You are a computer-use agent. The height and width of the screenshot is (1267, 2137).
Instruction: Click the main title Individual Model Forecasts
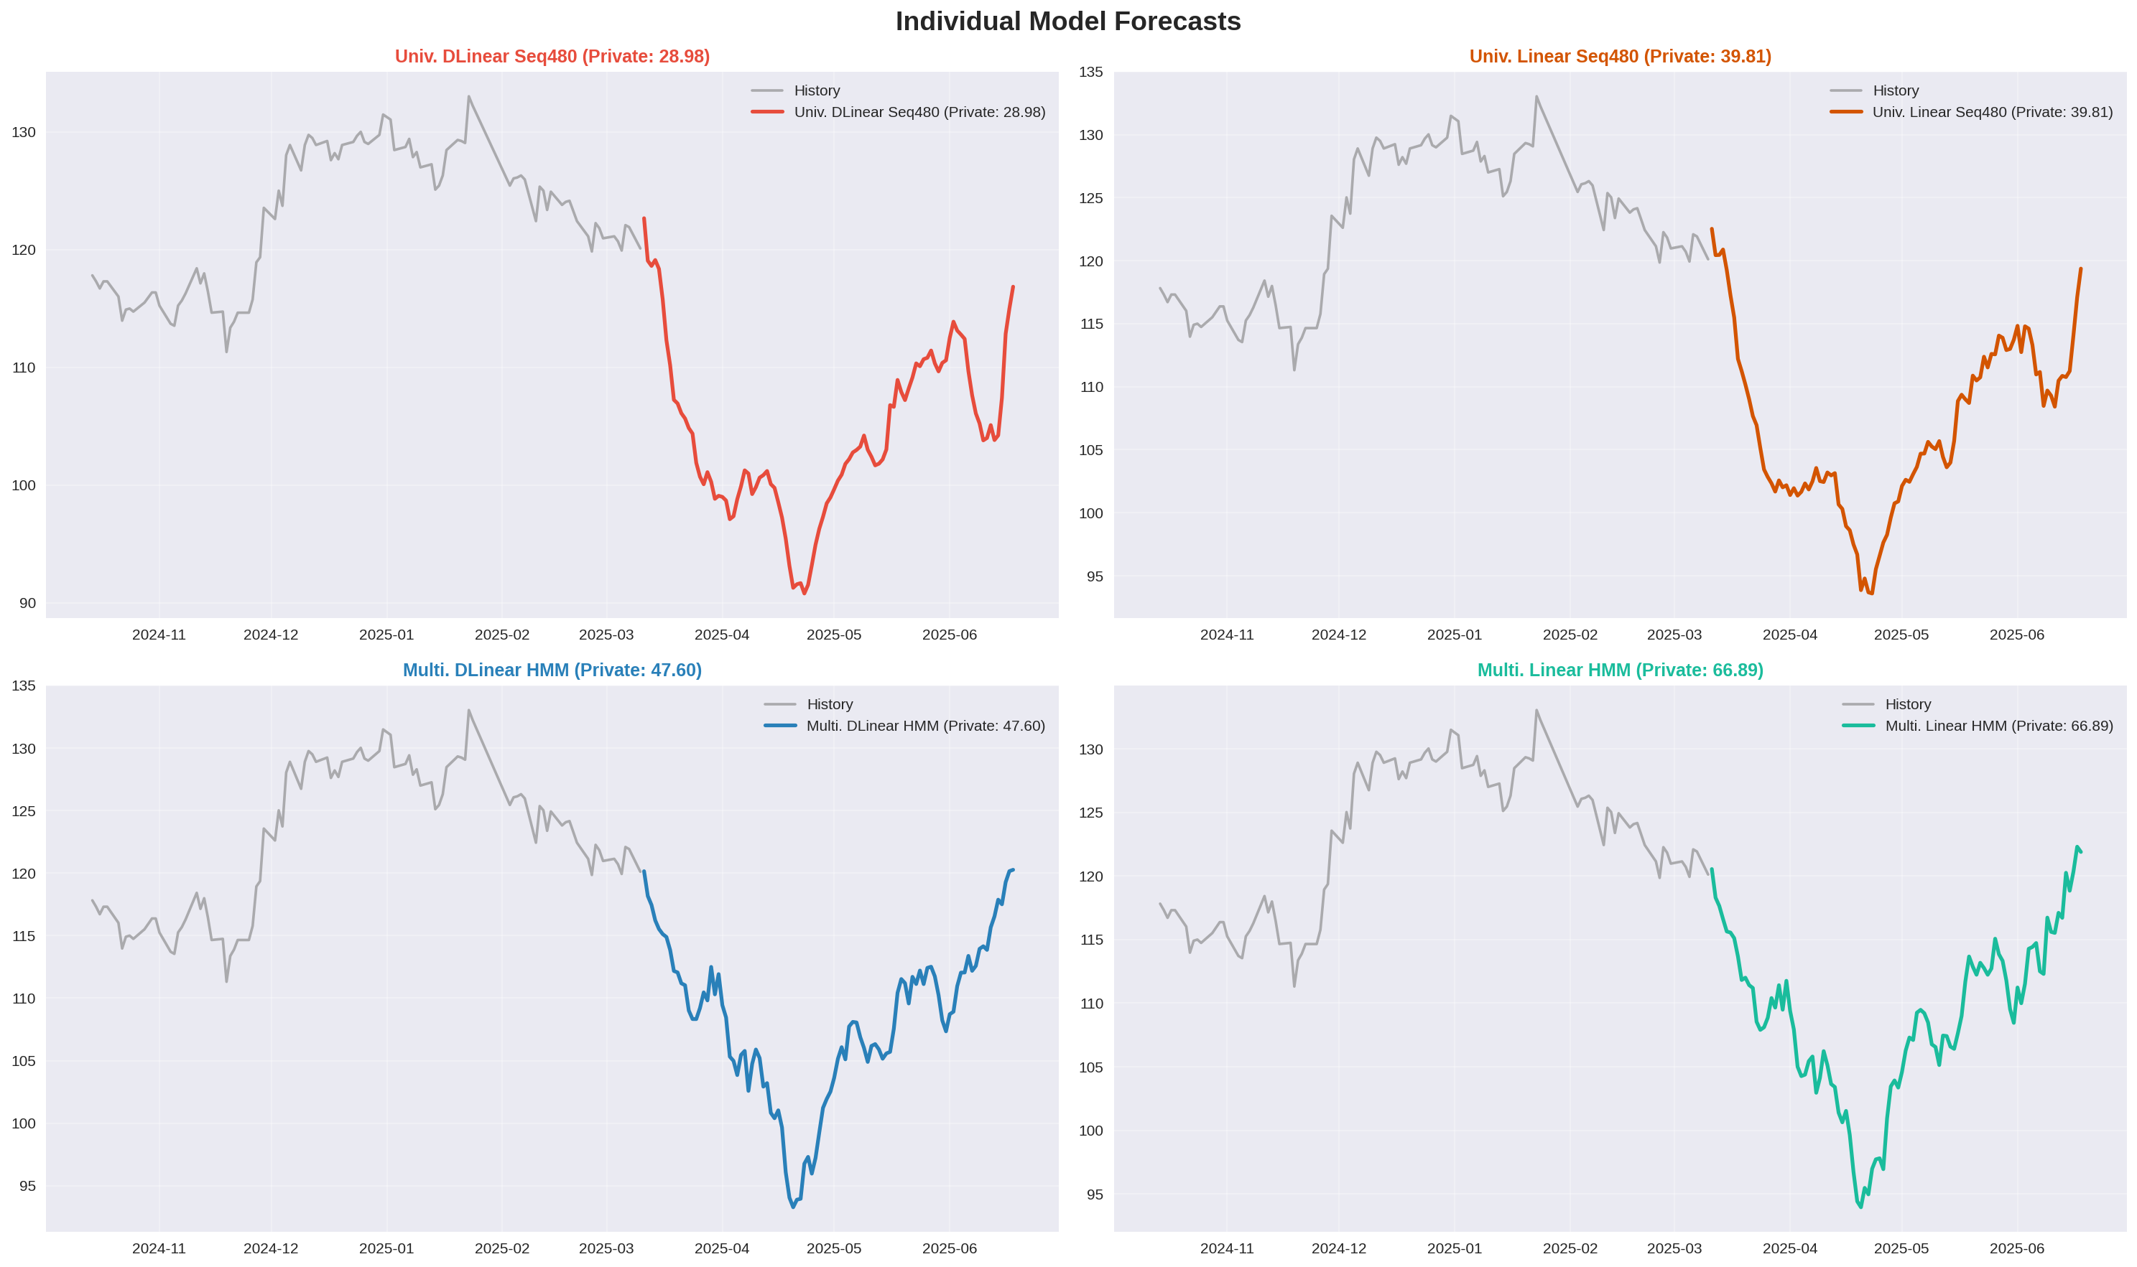[1067, 22]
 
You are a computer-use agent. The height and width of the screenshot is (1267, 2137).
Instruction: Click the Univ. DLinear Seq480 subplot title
[552, 56]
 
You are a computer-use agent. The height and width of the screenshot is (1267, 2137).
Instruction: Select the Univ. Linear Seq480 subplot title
[1619, 56]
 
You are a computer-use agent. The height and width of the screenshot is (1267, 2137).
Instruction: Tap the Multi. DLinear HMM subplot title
[552, 670]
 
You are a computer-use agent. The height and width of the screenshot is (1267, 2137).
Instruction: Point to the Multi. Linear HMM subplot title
[1619, 670]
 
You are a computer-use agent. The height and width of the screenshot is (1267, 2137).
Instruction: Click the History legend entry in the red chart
[817, 90]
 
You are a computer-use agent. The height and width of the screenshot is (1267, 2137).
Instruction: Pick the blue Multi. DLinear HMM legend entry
[925, 726]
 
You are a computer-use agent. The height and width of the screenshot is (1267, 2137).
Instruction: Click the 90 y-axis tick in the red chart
[28, 604]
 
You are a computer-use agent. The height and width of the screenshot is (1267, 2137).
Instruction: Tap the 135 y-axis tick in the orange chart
[1090, 72]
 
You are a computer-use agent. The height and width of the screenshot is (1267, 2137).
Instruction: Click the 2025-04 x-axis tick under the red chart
[722, 635]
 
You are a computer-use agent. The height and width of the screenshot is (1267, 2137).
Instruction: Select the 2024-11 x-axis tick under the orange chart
[1226, 635]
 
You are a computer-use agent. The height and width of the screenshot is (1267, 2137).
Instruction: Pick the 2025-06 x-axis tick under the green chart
[2016, 1248]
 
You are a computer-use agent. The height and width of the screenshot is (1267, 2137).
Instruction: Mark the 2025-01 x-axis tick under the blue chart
[386, 1248]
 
